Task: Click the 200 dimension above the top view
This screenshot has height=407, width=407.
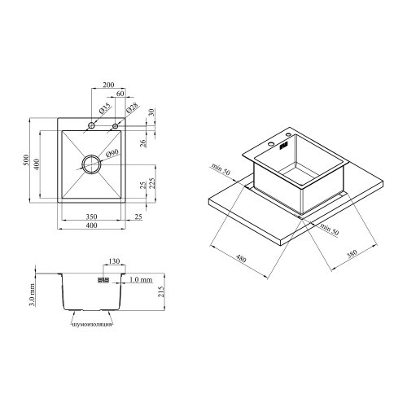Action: pos(108,85)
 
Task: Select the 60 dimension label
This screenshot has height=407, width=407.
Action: pos(120,95)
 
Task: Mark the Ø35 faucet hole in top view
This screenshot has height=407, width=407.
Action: pos(92,126)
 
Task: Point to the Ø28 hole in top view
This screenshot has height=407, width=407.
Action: pos(116,126)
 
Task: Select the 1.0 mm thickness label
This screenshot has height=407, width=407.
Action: pos(140,279)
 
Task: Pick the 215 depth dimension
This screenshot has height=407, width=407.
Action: pos(164,291)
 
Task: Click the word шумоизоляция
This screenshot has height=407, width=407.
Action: pos(90,324)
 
